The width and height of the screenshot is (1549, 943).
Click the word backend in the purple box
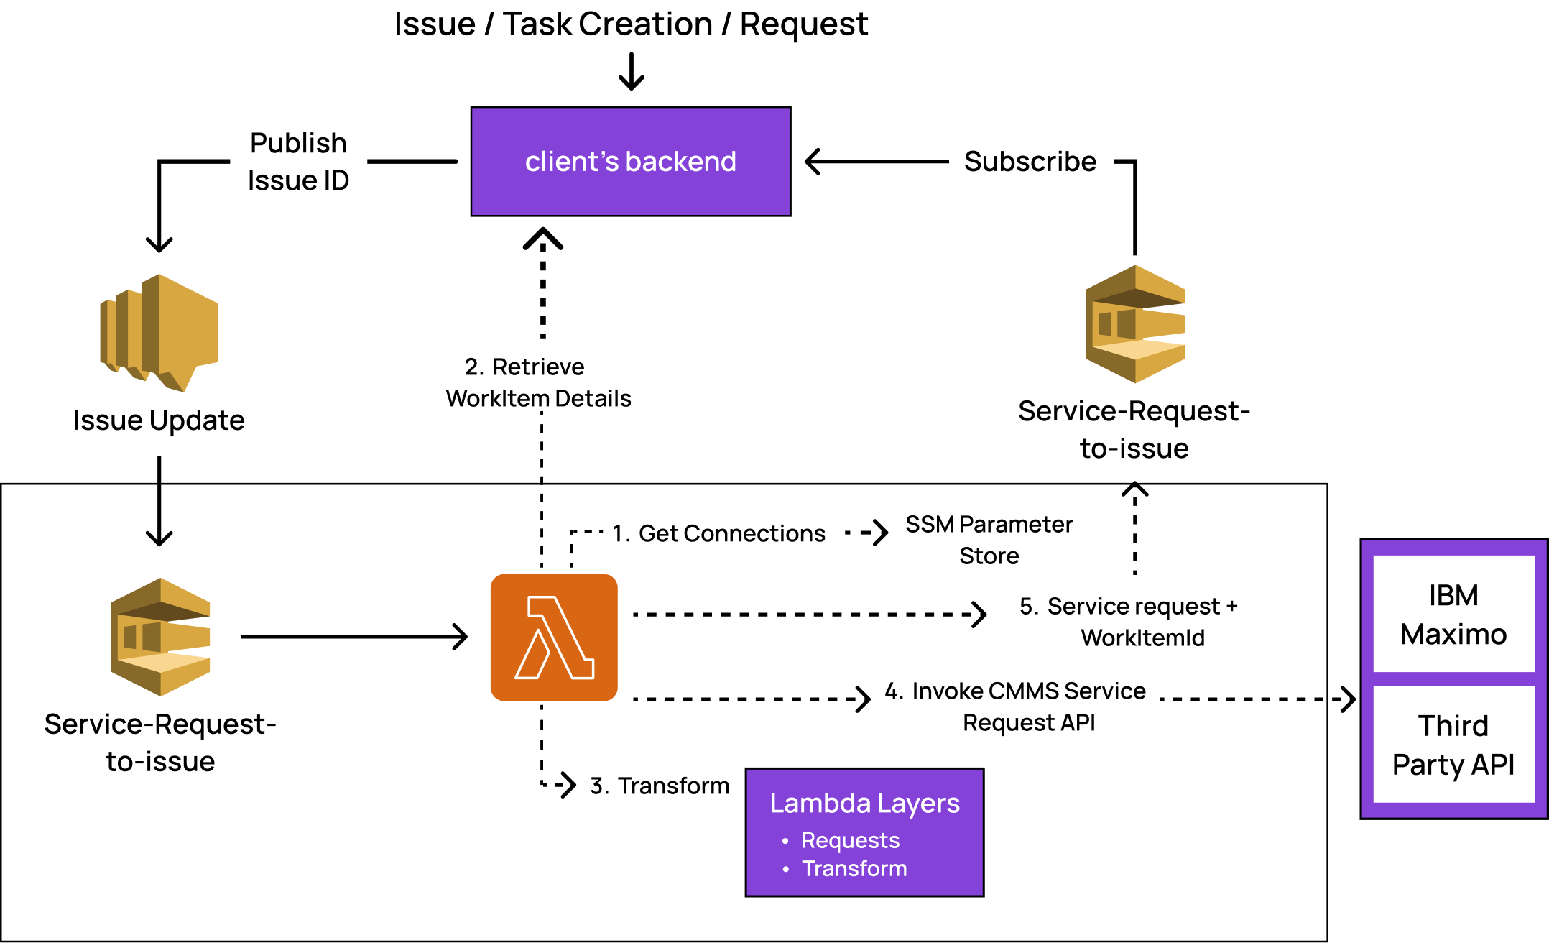tap(680, 162)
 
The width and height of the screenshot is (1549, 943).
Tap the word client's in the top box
tap(571, 162)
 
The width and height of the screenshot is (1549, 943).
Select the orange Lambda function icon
tap(553, 637)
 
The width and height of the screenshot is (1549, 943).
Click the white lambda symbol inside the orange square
tap(555, 638)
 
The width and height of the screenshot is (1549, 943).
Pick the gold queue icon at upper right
tap(1134, 324)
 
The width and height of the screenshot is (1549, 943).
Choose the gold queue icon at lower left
tap(161, 637)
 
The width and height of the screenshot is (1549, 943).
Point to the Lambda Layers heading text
tap(864, 803)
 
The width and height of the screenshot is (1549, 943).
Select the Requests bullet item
tap(850, 840)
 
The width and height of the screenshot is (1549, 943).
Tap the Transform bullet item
tap(854, 868)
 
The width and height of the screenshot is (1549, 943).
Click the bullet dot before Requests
tap(785, 841)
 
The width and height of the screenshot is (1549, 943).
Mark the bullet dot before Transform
tap(785, 869)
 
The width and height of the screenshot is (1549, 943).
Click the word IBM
tap(1453, 596)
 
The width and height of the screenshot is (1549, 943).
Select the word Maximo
tap(1453, 635)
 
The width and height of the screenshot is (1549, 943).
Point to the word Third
tap(1453, 726)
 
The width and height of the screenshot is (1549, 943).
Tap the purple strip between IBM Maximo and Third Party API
tap(1453, 679)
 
